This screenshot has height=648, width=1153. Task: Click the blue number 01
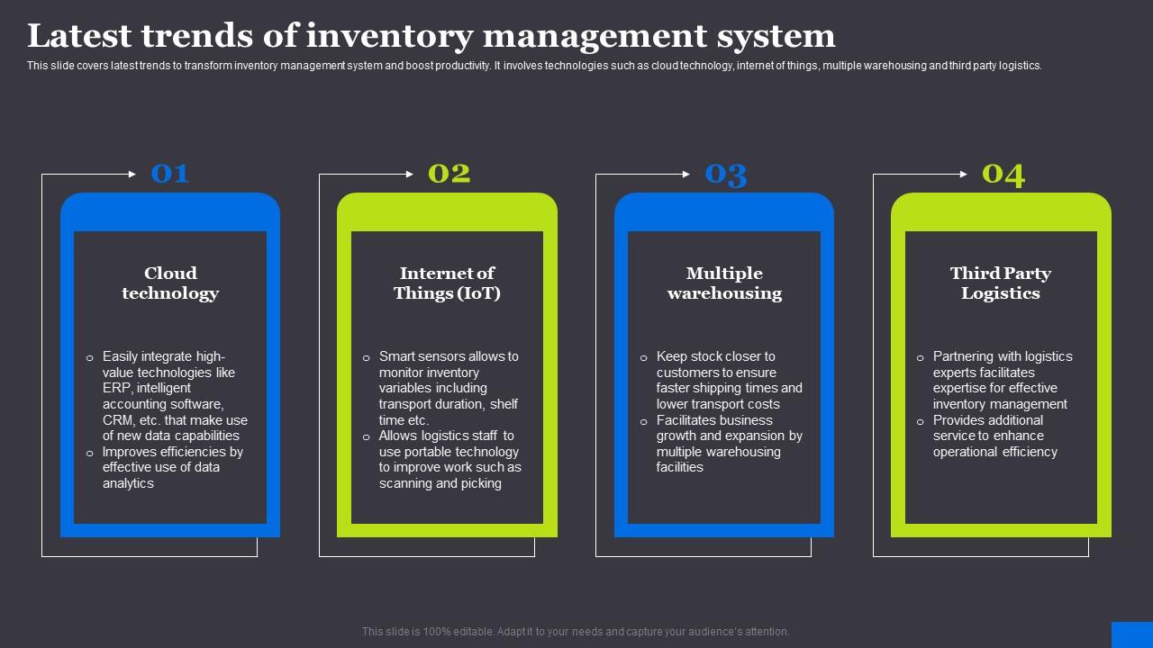pyautogui.click(x=170, y=173)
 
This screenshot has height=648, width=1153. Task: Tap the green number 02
pyautogui.click(x=449, y=173)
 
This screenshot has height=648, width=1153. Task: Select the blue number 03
pyautogui.click(x=726, y=174)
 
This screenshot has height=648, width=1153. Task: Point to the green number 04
pyautogui.click(x=1003, y=174)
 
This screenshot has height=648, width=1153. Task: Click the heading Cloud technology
pyautogui.click(x=170, y=283)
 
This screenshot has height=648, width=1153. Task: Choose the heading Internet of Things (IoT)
pyautogui.click(x=447, y=283)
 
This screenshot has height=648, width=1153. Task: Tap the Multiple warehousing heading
pyautogui.click(x=724, y=283)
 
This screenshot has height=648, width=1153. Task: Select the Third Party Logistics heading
pyautogui.click(x=1001, y=283)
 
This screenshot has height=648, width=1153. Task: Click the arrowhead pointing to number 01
pyautogui.click(x=132, y=174)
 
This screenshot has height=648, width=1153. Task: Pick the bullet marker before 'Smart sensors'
pyautogui.click(x=366, y=357)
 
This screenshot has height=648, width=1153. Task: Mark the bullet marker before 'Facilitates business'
pyautogui.click(x=643, y=421)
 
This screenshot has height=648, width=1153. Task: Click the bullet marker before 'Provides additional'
pyautogui.click(x=920, y=421)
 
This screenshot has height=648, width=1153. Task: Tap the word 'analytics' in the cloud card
pyautogui.click(x=128, y=483)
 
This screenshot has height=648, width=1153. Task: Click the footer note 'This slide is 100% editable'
pyautogui.click(x=576, y=632)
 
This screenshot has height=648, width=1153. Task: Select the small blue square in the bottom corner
pyautogui.click(x=1131, y=634)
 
